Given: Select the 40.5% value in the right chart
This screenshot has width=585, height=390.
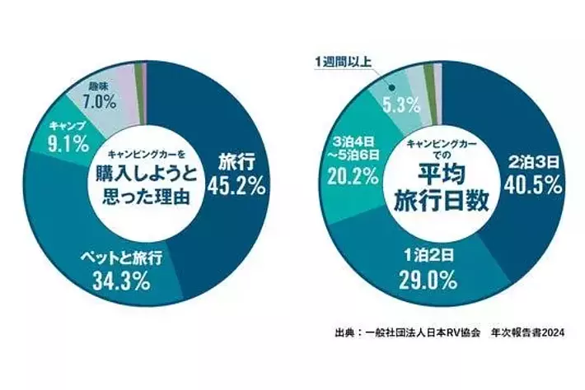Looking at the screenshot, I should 528,184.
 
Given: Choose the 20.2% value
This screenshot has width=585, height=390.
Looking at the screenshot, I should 351,174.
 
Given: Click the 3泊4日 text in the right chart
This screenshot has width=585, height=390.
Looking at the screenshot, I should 353,140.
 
